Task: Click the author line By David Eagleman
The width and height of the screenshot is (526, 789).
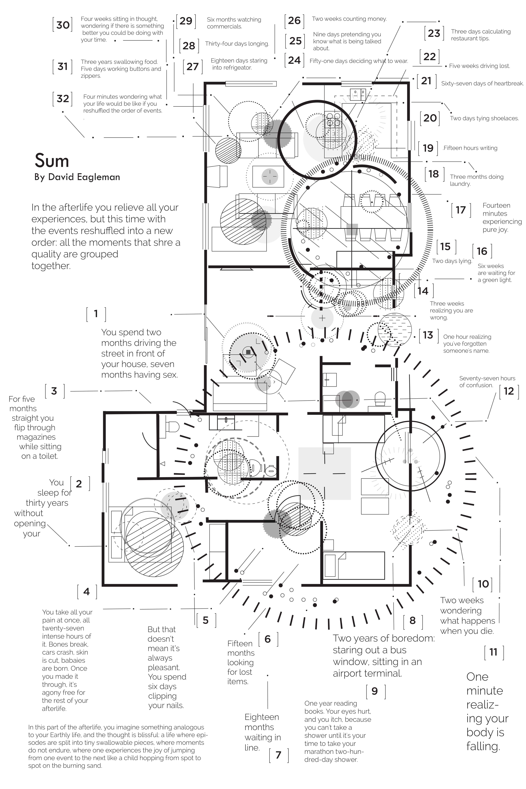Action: (77, 177)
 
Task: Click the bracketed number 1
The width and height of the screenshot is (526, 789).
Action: (96, 314)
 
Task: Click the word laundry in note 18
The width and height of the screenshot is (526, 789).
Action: (460, 184)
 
